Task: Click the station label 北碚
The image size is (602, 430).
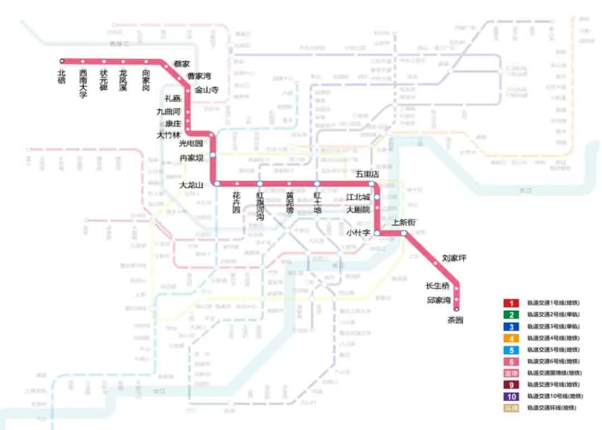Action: (62, 76)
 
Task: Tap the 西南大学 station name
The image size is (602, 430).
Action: (82, 83)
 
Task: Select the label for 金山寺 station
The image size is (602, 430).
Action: (207, 89)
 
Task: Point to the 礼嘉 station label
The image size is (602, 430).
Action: (173, 99)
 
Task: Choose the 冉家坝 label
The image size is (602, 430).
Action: (191, 158)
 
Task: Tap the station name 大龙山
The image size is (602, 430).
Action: (193, 184)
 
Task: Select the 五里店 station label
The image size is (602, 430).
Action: (367, 174)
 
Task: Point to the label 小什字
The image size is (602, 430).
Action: (358, 233)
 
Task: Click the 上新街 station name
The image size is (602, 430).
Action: (404, 222)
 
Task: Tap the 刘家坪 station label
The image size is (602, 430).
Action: (454, 258)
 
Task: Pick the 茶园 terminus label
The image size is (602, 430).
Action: (455, 320)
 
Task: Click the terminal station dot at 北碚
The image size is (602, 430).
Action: (62, 61)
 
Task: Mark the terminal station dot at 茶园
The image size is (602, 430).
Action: (457, 309)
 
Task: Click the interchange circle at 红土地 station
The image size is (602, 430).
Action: (317, 183)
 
